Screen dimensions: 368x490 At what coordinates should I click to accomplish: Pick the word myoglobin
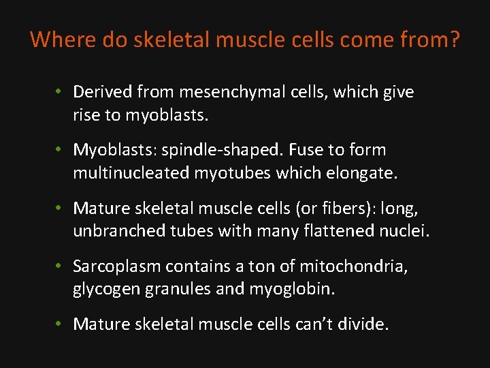tap(294, 289)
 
